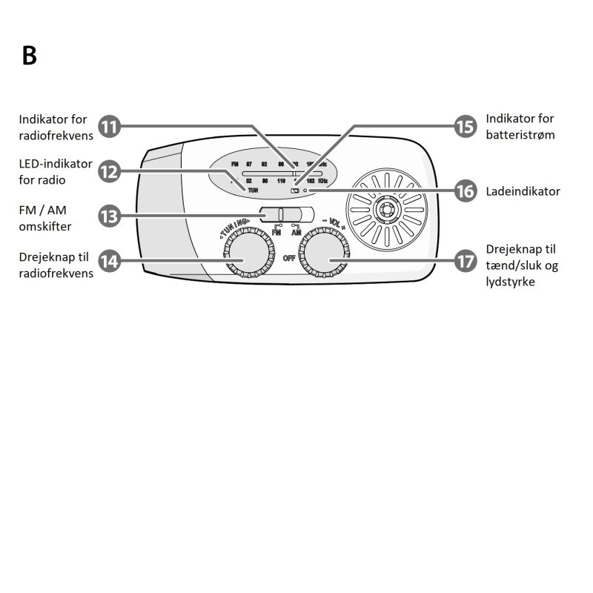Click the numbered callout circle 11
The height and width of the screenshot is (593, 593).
pyautogui.click(x=109, y=127)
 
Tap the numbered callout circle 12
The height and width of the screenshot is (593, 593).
pyautogui.click(x=109, y=172)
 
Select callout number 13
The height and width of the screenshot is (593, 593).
pyautogui.click(x=109, y=216)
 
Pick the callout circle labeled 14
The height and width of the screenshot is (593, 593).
pyautogui.click(x=109, y=260)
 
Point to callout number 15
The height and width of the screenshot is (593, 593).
pyautogui.click(x=465, y=127)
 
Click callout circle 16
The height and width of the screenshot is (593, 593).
pyautogui.click(x=465, y=191)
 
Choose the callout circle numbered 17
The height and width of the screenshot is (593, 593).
pyautogui.click(x=465, y=260)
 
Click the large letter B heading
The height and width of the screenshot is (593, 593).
pyautogui.click(x=29, y=56)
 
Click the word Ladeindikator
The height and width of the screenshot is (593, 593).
pyautogui.click(x=523, y=191)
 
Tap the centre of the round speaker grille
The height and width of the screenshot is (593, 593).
pyautogui.click(x=386, y=210)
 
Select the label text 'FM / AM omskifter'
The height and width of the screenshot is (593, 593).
pyautogui.click(x=45, y=218)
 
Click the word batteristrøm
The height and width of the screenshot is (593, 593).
pyautogui.click(x=520, y=135)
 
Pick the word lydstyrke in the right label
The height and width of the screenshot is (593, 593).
pyautogui.click(x=511, y=282)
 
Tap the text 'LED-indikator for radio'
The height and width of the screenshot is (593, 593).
pyautogui.click(x=56, y=171)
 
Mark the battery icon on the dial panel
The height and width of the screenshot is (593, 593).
pyautogui.click(x=295, y=191)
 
